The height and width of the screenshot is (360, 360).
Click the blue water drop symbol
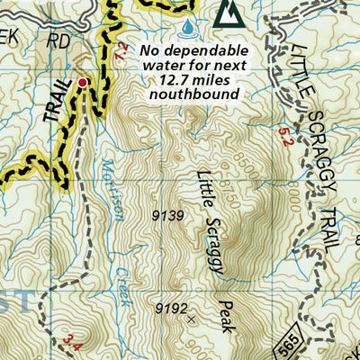pyautogui.click(x=186, y=28)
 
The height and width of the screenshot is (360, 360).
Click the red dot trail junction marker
pyautogui.click(x=83, y=82)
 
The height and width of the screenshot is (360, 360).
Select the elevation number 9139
pyautogui.click(x=168, y=215)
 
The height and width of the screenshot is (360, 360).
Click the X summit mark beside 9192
pyautogui.click(x=190, y=318)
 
